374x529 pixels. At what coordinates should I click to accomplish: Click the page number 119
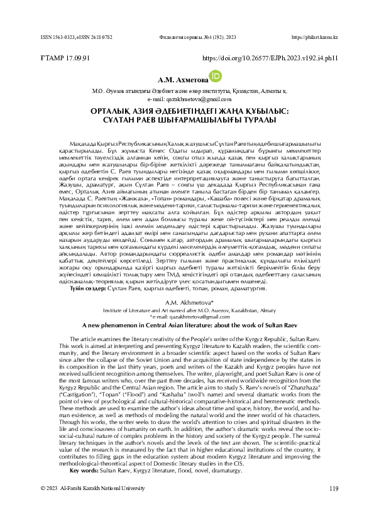click(x=333, y=506)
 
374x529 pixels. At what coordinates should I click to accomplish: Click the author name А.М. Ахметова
click(x=172, y=80)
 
